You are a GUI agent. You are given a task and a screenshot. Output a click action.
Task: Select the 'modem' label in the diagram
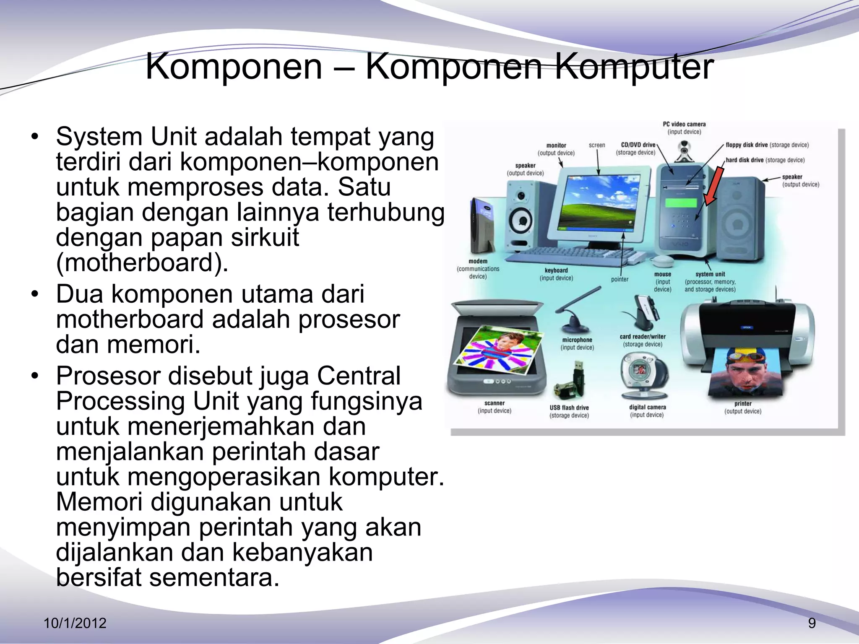pos(478,261)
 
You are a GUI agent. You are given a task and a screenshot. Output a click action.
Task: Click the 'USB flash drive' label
pos(569,408)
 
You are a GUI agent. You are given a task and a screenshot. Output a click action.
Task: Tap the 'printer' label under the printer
pos(743,404)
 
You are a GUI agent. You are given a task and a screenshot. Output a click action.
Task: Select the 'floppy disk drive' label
pos(747,145)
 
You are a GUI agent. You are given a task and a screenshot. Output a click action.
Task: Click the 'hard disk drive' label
pos(744,160)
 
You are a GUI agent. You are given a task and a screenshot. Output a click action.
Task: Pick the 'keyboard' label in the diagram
pos(556,270)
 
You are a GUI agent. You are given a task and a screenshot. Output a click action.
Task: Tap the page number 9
pos(812,623)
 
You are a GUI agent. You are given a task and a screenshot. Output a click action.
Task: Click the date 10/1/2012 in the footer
pos(75,623)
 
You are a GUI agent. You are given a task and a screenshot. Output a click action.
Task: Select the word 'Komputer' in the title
pos(634,67)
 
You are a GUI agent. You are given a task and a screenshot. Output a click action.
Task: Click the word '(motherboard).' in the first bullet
pos(142,263)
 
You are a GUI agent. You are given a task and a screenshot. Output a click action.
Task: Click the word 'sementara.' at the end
pos(214,578)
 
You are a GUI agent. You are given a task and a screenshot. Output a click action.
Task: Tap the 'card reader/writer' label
pos(643,337)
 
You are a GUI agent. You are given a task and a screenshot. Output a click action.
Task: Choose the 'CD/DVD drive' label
pos(638,145)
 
